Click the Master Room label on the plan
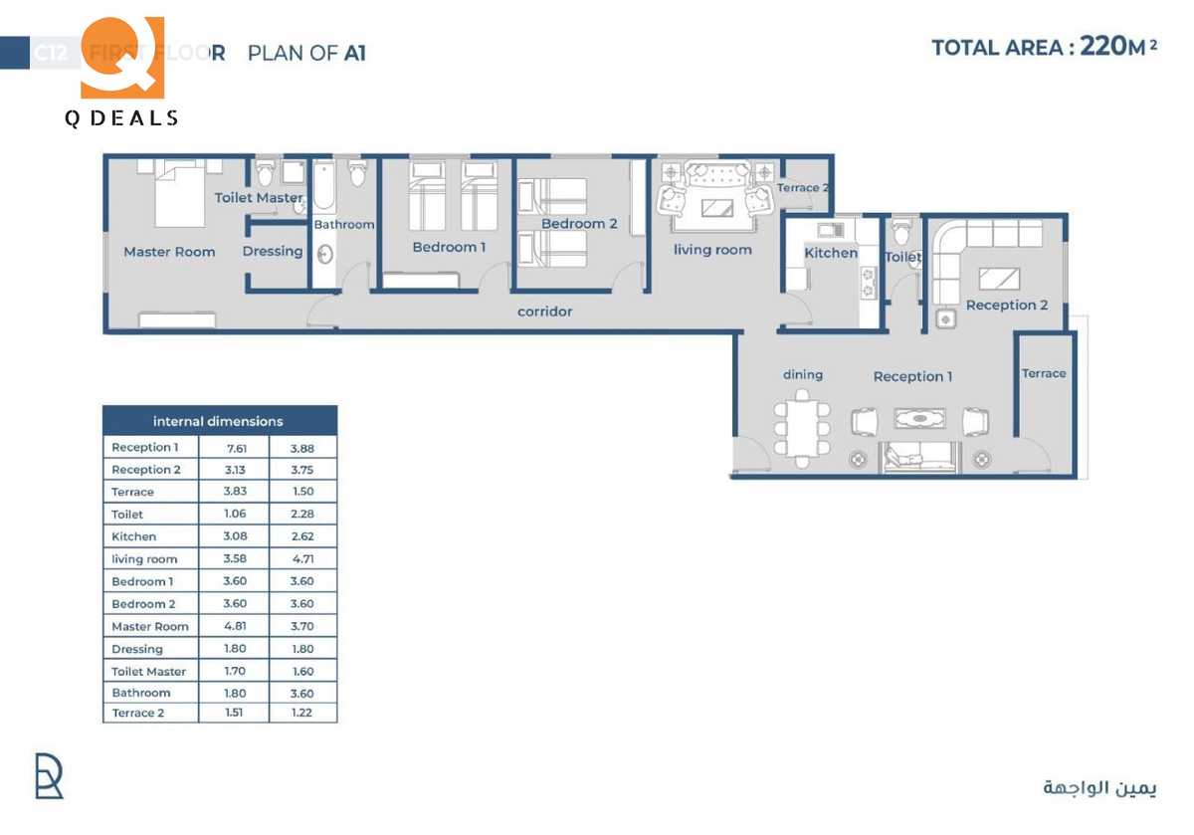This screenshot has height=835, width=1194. (169, 252)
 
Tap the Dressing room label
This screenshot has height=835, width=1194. (273, 251)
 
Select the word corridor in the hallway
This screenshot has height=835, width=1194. (545, 312)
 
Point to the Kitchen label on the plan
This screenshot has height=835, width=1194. (831, 253)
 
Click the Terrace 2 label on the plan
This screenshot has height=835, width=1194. (803, 188)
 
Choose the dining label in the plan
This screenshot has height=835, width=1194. (803, 375)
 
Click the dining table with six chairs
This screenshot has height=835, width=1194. (802, 432)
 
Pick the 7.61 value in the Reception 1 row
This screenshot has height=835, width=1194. (237, 448)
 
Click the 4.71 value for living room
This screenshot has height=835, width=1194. (301, 559)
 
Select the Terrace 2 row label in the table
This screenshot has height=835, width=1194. (133, 714)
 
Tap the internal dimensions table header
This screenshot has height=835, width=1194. (219, 421)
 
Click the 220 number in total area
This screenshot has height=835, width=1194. (1101, 47)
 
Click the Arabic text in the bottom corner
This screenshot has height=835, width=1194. (1099, 787)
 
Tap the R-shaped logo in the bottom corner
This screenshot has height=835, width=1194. (49, 776)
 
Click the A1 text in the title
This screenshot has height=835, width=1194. (355, 54)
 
